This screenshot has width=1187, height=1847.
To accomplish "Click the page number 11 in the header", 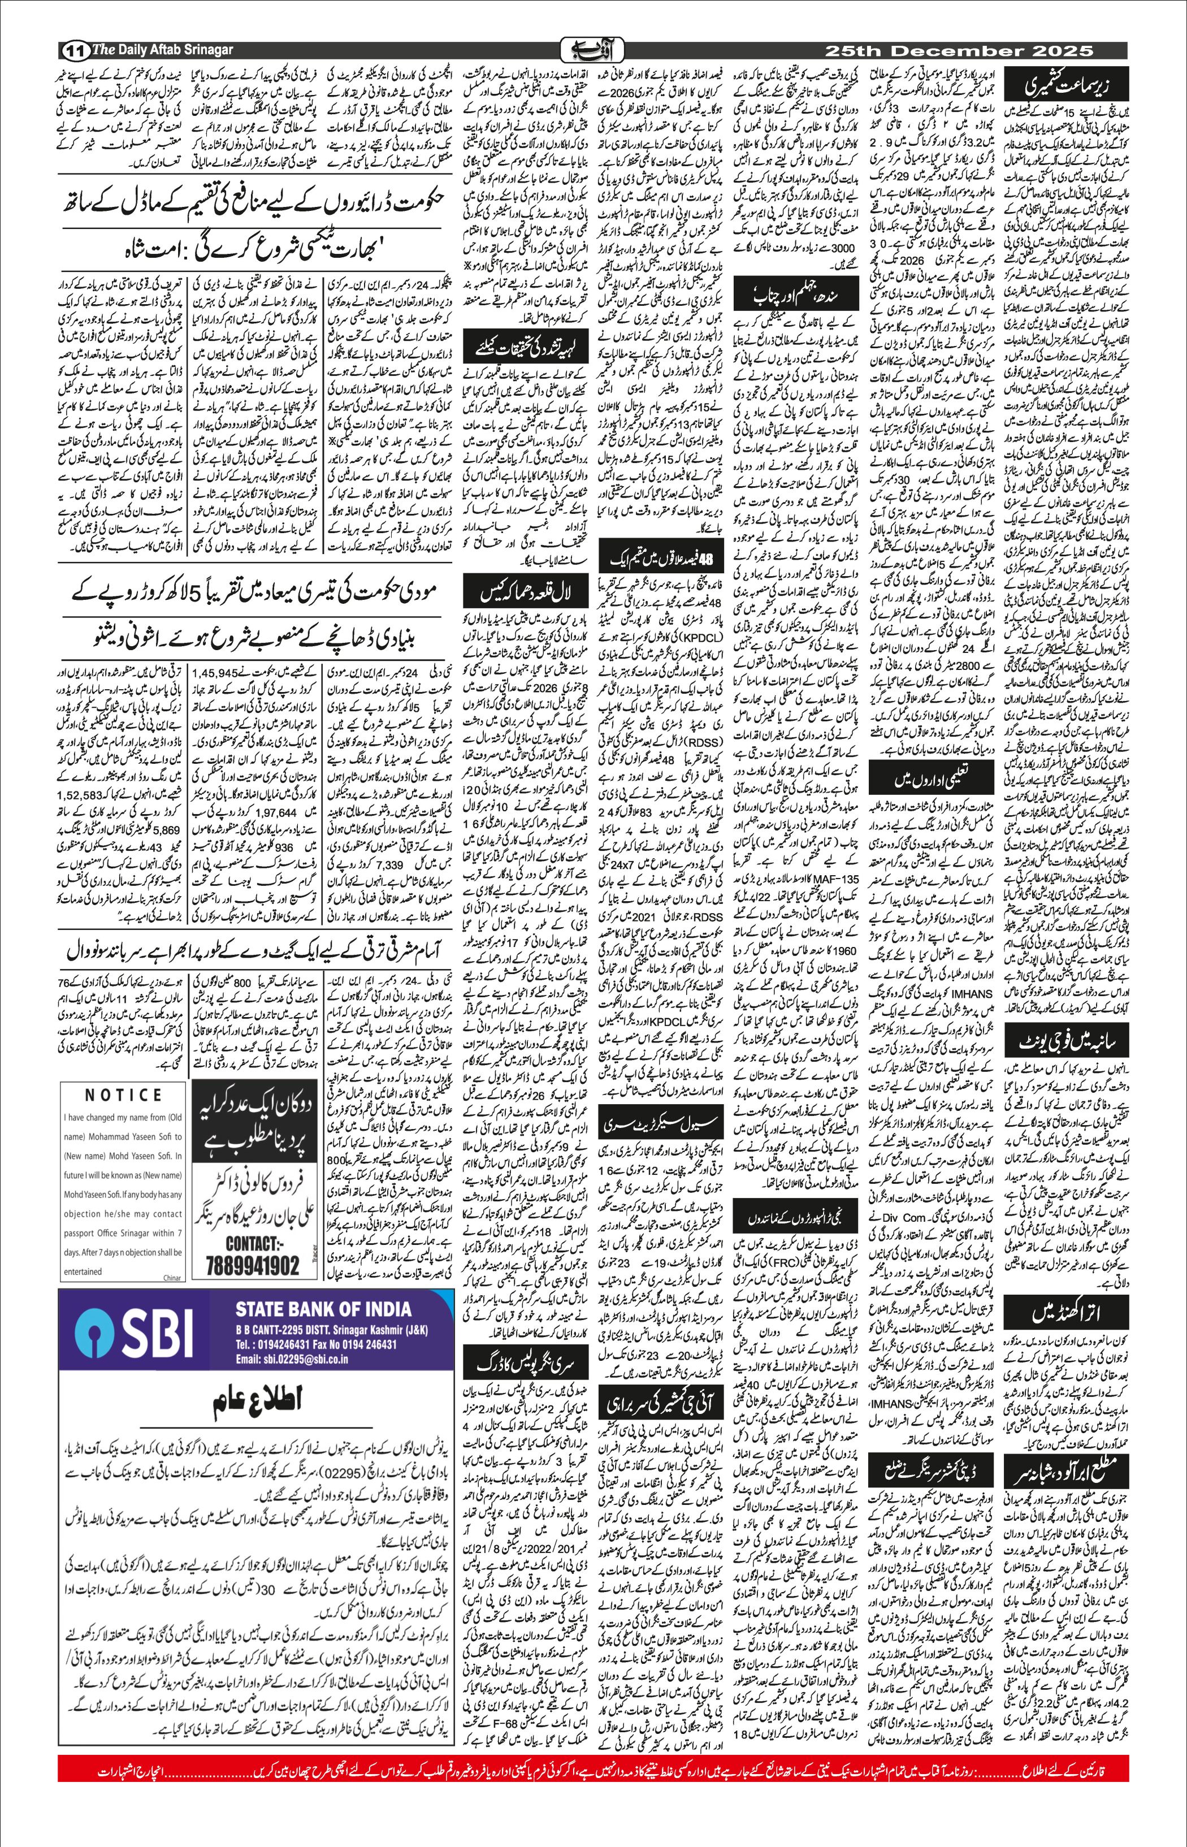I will (x=74, y=51).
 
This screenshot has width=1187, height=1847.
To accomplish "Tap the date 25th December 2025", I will (x=958, y=51).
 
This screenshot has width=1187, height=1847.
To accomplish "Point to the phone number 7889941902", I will (x=252, y=1266).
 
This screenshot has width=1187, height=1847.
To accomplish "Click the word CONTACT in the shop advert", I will (x=252, y=1243).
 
